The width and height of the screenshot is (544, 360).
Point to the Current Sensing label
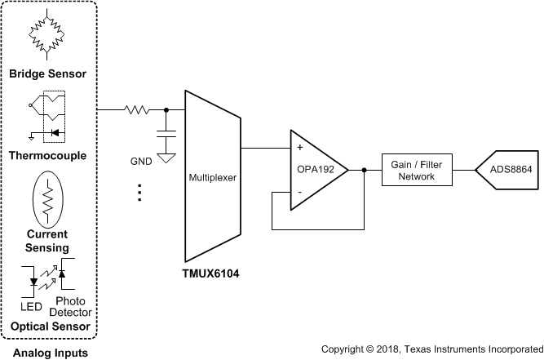(47, 241)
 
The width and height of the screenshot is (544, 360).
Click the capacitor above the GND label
(167, 133)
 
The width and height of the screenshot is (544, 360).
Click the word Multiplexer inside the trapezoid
(212, 176)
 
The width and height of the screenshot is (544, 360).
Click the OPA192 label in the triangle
(312, 171)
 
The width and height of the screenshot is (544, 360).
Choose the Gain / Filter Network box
(416, 170)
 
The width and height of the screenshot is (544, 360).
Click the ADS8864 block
(511, 170)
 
